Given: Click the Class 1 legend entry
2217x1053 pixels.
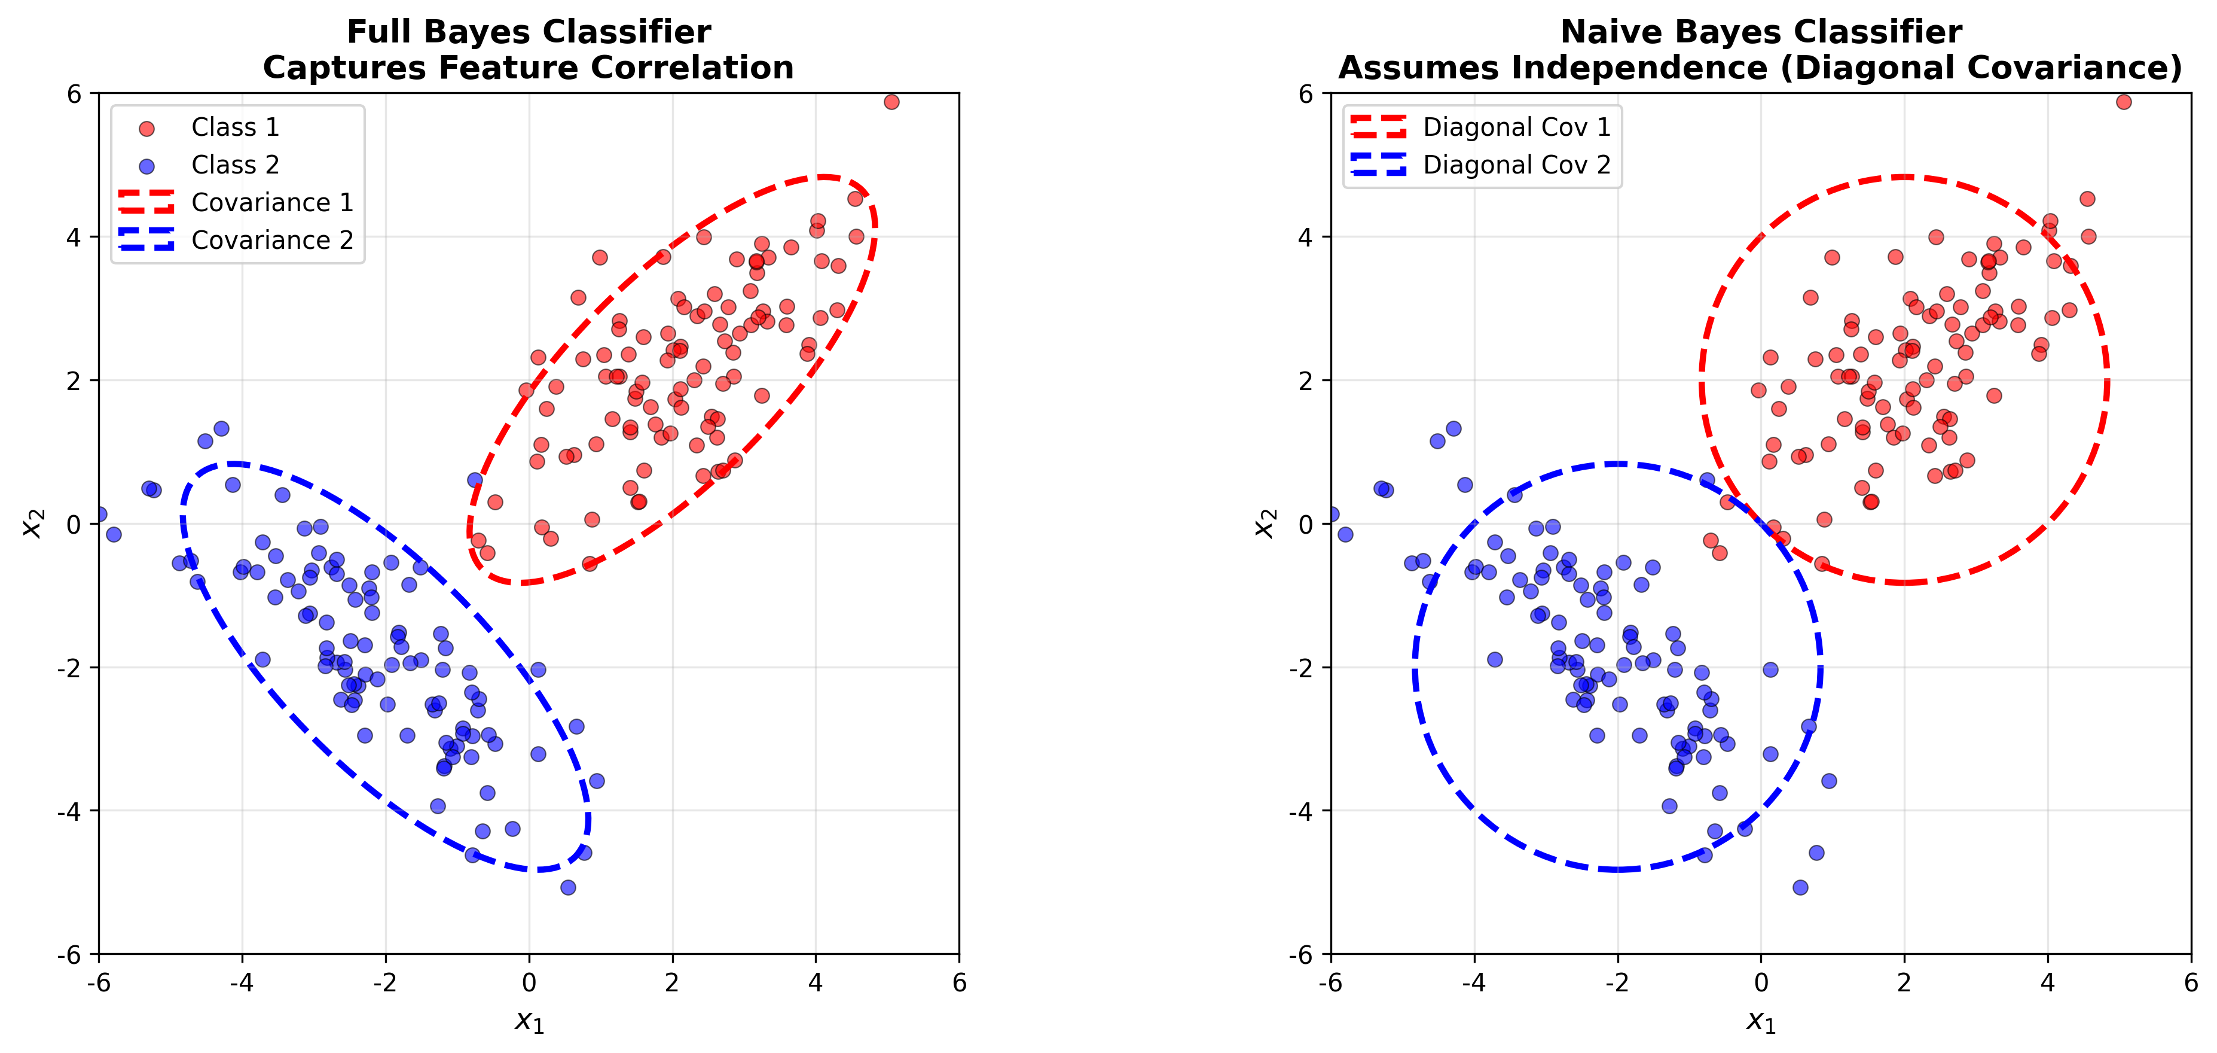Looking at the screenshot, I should [x=235, y=127].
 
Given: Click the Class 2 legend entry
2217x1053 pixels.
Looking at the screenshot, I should [x=235, y=165].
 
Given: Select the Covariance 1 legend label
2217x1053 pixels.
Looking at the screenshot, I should [x=272, y=202].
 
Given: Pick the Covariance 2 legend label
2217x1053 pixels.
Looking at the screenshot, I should [x=272, y=241].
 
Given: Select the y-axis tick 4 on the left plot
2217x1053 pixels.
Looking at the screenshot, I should [x=74, y=237].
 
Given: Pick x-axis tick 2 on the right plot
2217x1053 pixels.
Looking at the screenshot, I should [x=1904, y=982].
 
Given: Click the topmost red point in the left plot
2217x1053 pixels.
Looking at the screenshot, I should [x=891, y=102].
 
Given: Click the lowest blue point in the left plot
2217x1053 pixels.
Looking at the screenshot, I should [x=568, y=887].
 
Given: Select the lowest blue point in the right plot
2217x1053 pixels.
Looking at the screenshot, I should [x=1800, y=887].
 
